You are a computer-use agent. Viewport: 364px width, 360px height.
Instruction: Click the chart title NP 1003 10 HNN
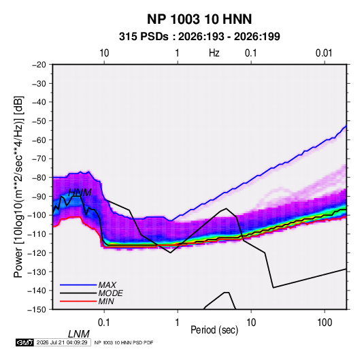pyautogui.click(x=199, y=19)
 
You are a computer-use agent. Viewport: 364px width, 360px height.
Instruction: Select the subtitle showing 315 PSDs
pyautogui.click(x=199, y=37)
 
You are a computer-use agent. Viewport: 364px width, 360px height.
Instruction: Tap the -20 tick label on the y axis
pyautogui.click(x=39, y=65)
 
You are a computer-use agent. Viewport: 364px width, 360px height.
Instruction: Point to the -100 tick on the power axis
pyautogui.click(x=37, y=215)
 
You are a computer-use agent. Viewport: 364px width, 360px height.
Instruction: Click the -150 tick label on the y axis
pyautogui.click(x=37, y=310)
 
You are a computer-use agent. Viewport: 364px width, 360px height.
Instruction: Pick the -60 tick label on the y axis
pyautogui.click(x=39, y=140)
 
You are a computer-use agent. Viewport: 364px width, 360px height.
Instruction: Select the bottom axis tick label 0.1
pyautogui.click(x=103, y=323)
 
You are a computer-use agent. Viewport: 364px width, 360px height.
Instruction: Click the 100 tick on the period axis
pyautogui.click(x=325, y=323)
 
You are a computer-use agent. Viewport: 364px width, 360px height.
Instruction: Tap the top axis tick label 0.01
pyautogui.click(x=324, y=53)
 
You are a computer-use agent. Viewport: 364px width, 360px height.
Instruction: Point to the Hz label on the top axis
pyautogui.click(x=214, y=53)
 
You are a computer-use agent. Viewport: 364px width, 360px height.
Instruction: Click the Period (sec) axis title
pyautogui.click(x=214, y=330)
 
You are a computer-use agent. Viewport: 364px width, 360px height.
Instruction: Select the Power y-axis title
pyautogui.click(x=18, y=187)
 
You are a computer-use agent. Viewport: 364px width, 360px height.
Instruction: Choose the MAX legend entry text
pyautogui.click(x=107, y=284)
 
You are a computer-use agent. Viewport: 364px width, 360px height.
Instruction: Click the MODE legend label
pyautogui.click(x=110, y=293)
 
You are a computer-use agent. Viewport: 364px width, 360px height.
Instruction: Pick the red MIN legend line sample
pyautogui.click(x=78, y=301)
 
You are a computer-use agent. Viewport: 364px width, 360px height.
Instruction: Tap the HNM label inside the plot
pyautogui.click(x=80, y=193)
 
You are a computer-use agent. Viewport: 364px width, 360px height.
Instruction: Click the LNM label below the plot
pyautogui.click(x=79, y=334)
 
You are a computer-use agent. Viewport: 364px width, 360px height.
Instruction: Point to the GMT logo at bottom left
pyautogui.click(x=25, y=342)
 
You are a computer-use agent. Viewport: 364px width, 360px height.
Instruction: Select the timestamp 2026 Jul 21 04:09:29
pyautogui.click(x=62, y=342)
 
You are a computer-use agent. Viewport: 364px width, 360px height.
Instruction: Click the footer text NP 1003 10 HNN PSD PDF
pyautogui.click(x=124, y=342)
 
